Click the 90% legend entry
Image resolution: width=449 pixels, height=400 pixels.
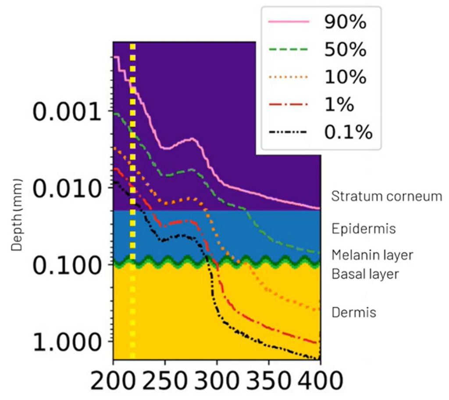345,23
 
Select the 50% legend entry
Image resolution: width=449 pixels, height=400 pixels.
345,50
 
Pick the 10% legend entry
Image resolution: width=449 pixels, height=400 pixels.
345,77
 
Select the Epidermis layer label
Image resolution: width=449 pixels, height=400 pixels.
363,229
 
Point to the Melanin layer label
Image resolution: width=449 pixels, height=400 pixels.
372,255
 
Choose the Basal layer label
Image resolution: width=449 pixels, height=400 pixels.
365,275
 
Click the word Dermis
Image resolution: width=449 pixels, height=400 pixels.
354,313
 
